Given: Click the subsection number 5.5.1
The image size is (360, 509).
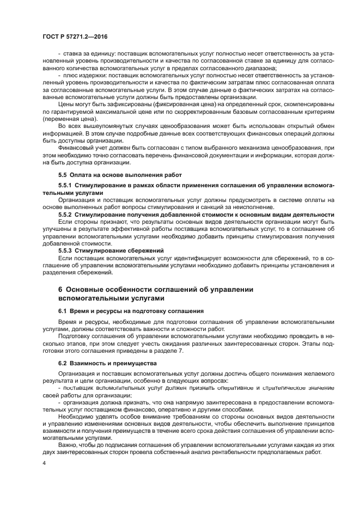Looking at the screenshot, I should pos(67,186).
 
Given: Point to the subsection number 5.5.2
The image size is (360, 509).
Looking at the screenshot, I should pos(67,214).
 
